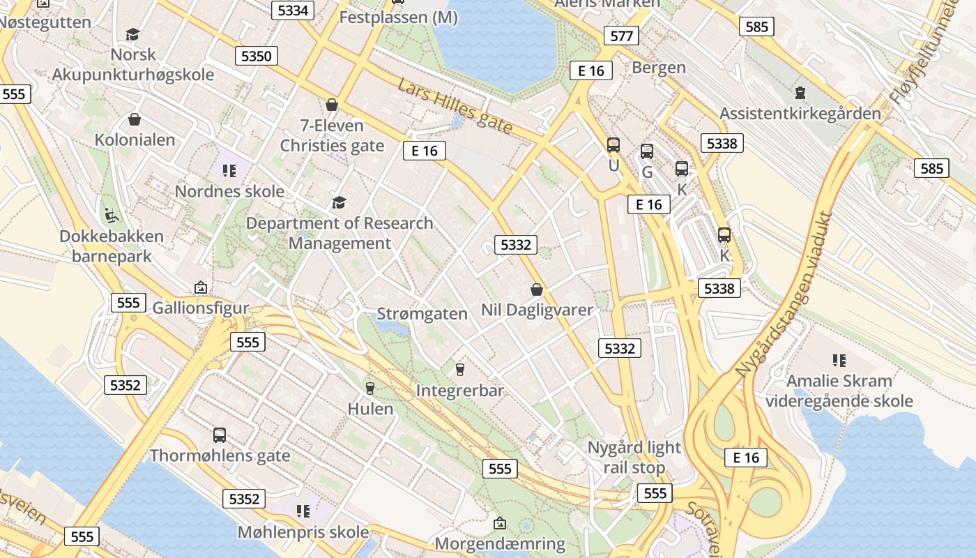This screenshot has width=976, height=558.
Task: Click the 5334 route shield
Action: (293, 10)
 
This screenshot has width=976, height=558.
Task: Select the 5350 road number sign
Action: (257, 56)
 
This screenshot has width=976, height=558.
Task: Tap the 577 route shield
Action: (620, 36)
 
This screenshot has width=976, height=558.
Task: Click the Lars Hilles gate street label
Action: (455, 106)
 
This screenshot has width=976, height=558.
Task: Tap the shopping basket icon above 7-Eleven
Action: (332, 105)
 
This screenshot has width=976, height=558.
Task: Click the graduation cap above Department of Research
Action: (339, 203)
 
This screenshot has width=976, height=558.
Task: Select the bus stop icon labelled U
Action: (613, 145)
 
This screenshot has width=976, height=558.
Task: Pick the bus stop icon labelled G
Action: (647, 151)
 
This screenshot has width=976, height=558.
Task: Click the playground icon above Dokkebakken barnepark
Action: (111, 214)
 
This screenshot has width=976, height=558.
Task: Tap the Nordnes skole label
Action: (229, 191)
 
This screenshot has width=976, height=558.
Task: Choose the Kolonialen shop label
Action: (135, 139)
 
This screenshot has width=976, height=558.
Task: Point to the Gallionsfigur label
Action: (201, 308)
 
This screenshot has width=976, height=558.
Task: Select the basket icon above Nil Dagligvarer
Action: (537, 289)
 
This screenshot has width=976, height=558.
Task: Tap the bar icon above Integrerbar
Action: (459, 369)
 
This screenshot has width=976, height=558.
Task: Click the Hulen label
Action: (370, 409)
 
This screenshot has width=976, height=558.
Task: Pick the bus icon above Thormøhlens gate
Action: (220, 435)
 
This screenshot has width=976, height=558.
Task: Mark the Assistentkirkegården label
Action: (800, 113)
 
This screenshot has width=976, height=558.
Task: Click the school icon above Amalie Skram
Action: (839, 361)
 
